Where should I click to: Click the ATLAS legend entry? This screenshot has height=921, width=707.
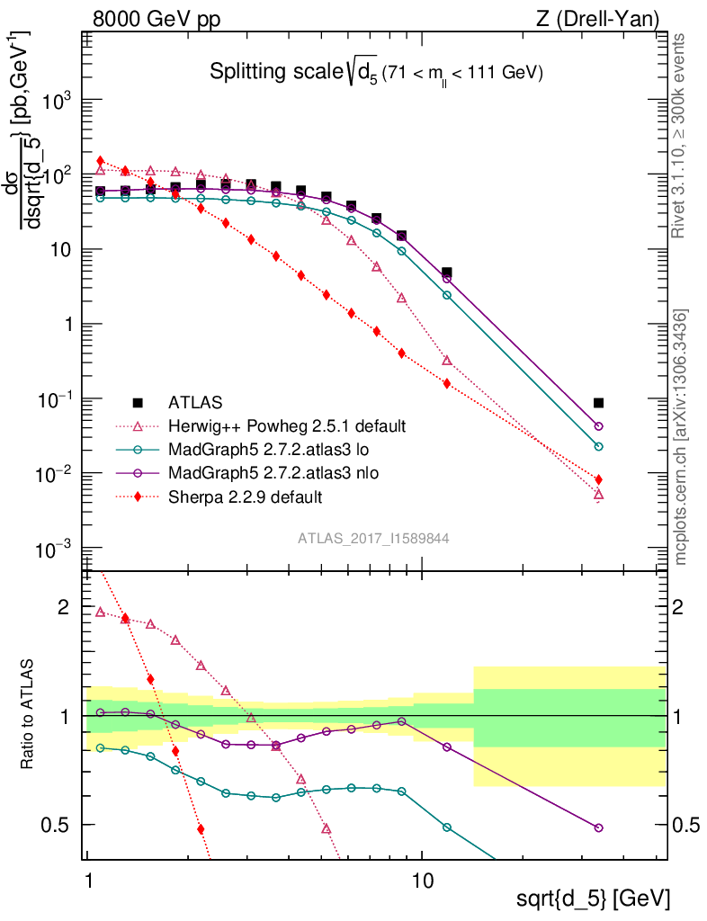tap(194, 402)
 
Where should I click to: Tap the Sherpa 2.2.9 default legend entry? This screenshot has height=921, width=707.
tap(246, 496)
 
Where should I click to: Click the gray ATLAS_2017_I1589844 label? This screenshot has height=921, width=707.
tap(374, 539)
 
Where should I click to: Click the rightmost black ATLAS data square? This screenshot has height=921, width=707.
tap(599, 403)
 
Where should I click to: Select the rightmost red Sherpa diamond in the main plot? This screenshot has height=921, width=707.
tap(599, 479)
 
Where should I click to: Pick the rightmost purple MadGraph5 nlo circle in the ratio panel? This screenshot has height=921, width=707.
tap(599, 827)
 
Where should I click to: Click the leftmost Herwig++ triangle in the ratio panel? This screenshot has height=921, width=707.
tap(100, 612)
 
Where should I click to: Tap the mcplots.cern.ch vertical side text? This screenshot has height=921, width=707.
tap(681, 437)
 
